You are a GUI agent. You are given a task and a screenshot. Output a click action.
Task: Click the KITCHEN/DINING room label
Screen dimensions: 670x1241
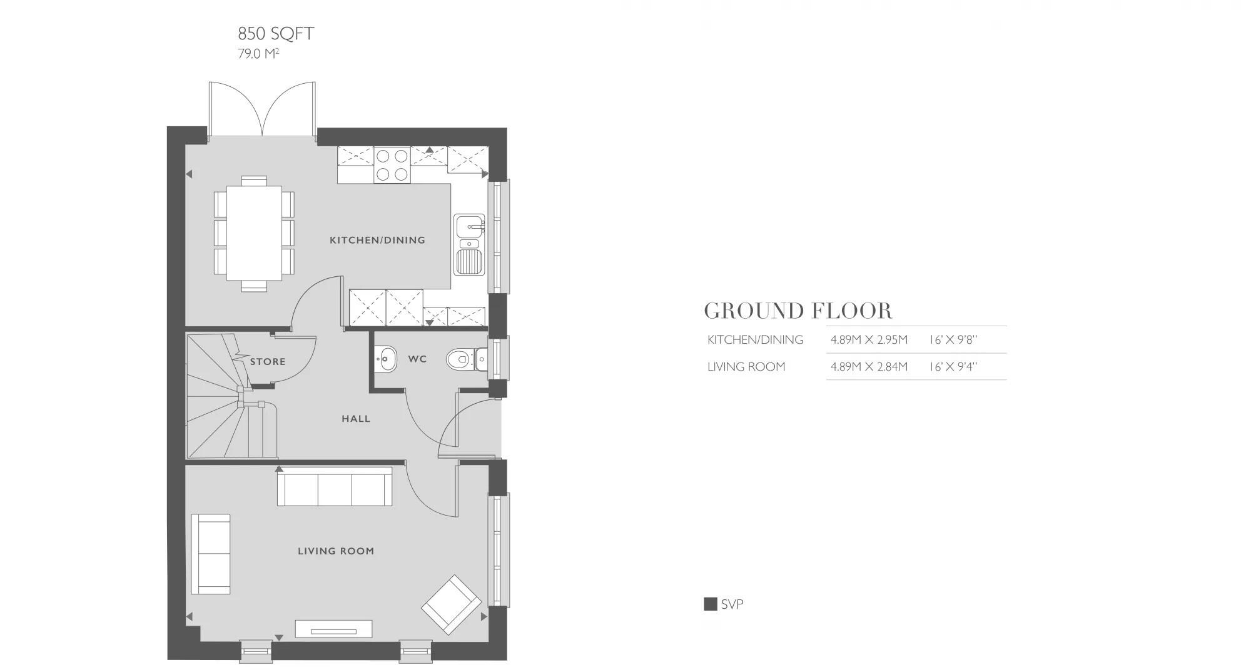[x=377, y=240]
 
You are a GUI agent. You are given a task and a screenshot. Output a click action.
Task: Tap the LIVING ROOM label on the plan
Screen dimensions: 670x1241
[x=336, y=551]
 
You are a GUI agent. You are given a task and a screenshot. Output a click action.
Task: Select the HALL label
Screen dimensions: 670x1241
[x=356, y=419]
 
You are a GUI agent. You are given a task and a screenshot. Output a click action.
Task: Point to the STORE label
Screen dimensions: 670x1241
[x=268, y=361]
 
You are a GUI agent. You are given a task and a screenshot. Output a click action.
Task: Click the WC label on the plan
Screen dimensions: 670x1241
[x=417, y=359]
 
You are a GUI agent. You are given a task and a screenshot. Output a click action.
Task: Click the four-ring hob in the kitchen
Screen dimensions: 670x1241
[x=392, y=165]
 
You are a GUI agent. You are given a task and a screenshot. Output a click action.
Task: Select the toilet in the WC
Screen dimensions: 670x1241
[x=463, y=359]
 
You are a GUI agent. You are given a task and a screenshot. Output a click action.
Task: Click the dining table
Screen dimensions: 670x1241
[x=253, y=233]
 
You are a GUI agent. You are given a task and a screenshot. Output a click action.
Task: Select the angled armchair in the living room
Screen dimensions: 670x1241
[x=451, y=604]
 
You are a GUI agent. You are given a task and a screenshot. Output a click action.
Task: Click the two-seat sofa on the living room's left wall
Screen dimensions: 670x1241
[x=211, y=554]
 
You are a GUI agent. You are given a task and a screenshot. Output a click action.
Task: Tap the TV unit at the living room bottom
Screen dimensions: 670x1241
[x=333, y=629]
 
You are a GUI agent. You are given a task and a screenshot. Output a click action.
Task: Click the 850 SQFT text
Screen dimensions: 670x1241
[x=276, y=34]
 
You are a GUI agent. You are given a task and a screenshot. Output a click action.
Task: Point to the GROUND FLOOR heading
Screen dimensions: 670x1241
[x=798, y=311]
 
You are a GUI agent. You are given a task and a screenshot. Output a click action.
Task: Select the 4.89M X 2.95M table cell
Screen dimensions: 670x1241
[x=868, y=340]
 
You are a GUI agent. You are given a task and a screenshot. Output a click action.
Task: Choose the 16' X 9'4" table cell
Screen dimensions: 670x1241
[x=953, y=367]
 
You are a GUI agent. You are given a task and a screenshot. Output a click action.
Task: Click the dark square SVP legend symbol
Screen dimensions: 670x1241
[x=710, y=604]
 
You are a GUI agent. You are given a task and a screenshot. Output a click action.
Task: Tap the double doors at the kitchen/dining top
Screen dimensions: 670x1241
[x=262, y=109]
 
